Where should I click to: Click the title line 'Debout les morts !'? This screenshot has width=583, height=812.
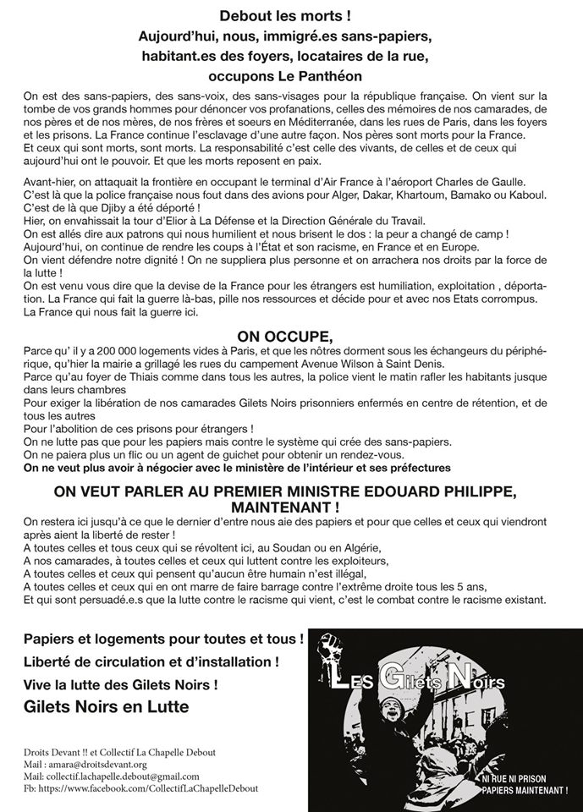click(290, 16)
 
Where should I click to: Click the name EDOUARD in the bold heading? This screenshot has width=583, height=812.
click(399, 491)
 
